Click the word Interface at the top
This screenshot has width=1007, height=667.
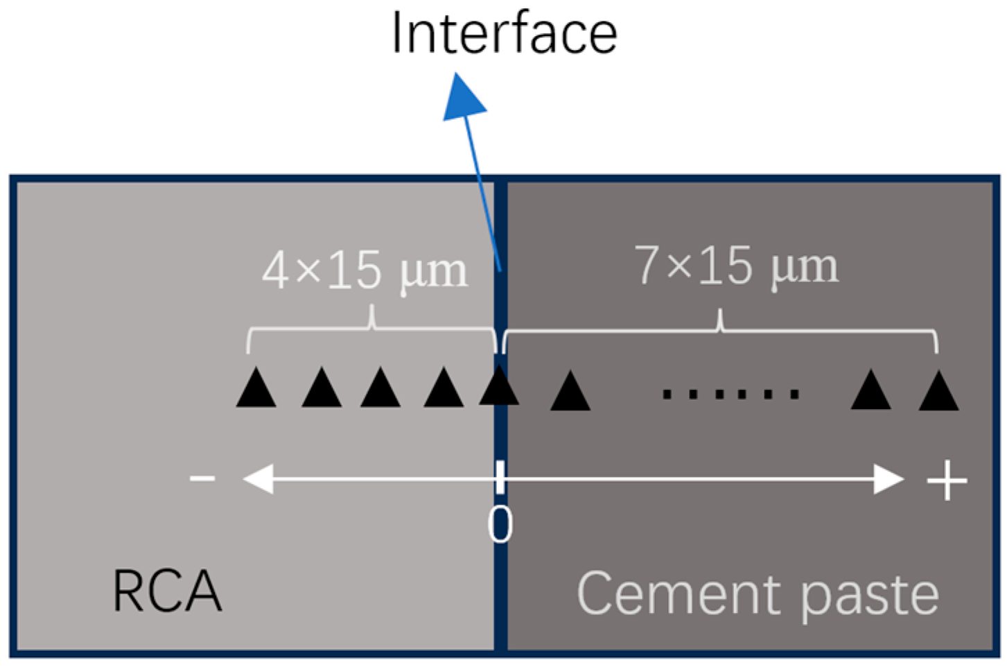click(504, 33)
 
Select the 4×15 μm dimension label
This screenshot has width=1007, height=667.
click(365, 271)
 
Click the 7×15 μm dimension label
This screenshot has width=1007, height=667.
click(736, 266)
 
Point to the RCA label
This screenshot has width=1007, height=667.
click(166, 591)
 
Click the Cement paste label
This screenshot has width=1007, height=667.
click(758, 594)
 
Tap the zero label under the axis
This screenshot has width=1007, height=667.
click(500, 525)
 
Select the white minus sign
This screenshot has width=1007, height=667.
click(202, 478)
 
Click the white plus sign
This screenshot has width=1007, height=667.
click(947, 480)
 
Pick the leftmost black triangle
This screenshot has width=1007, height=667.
click(256, 389)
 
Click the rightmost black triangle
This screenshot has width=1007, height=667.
click(938, 392)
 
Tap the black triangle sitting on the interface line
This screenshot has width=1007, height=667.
click(499, 387)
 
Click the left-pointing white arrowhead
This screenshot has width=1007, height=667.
click(257, 478)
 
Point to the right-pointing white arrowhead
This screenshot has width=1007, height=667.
click(888, 479)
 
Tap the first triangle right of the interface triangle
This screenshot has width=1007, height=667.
click(570, 392)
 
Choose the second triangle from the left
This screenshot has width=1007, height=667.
click(322, 389)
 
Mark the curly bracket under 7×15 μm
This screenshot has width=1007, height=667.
click(720, 330)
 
